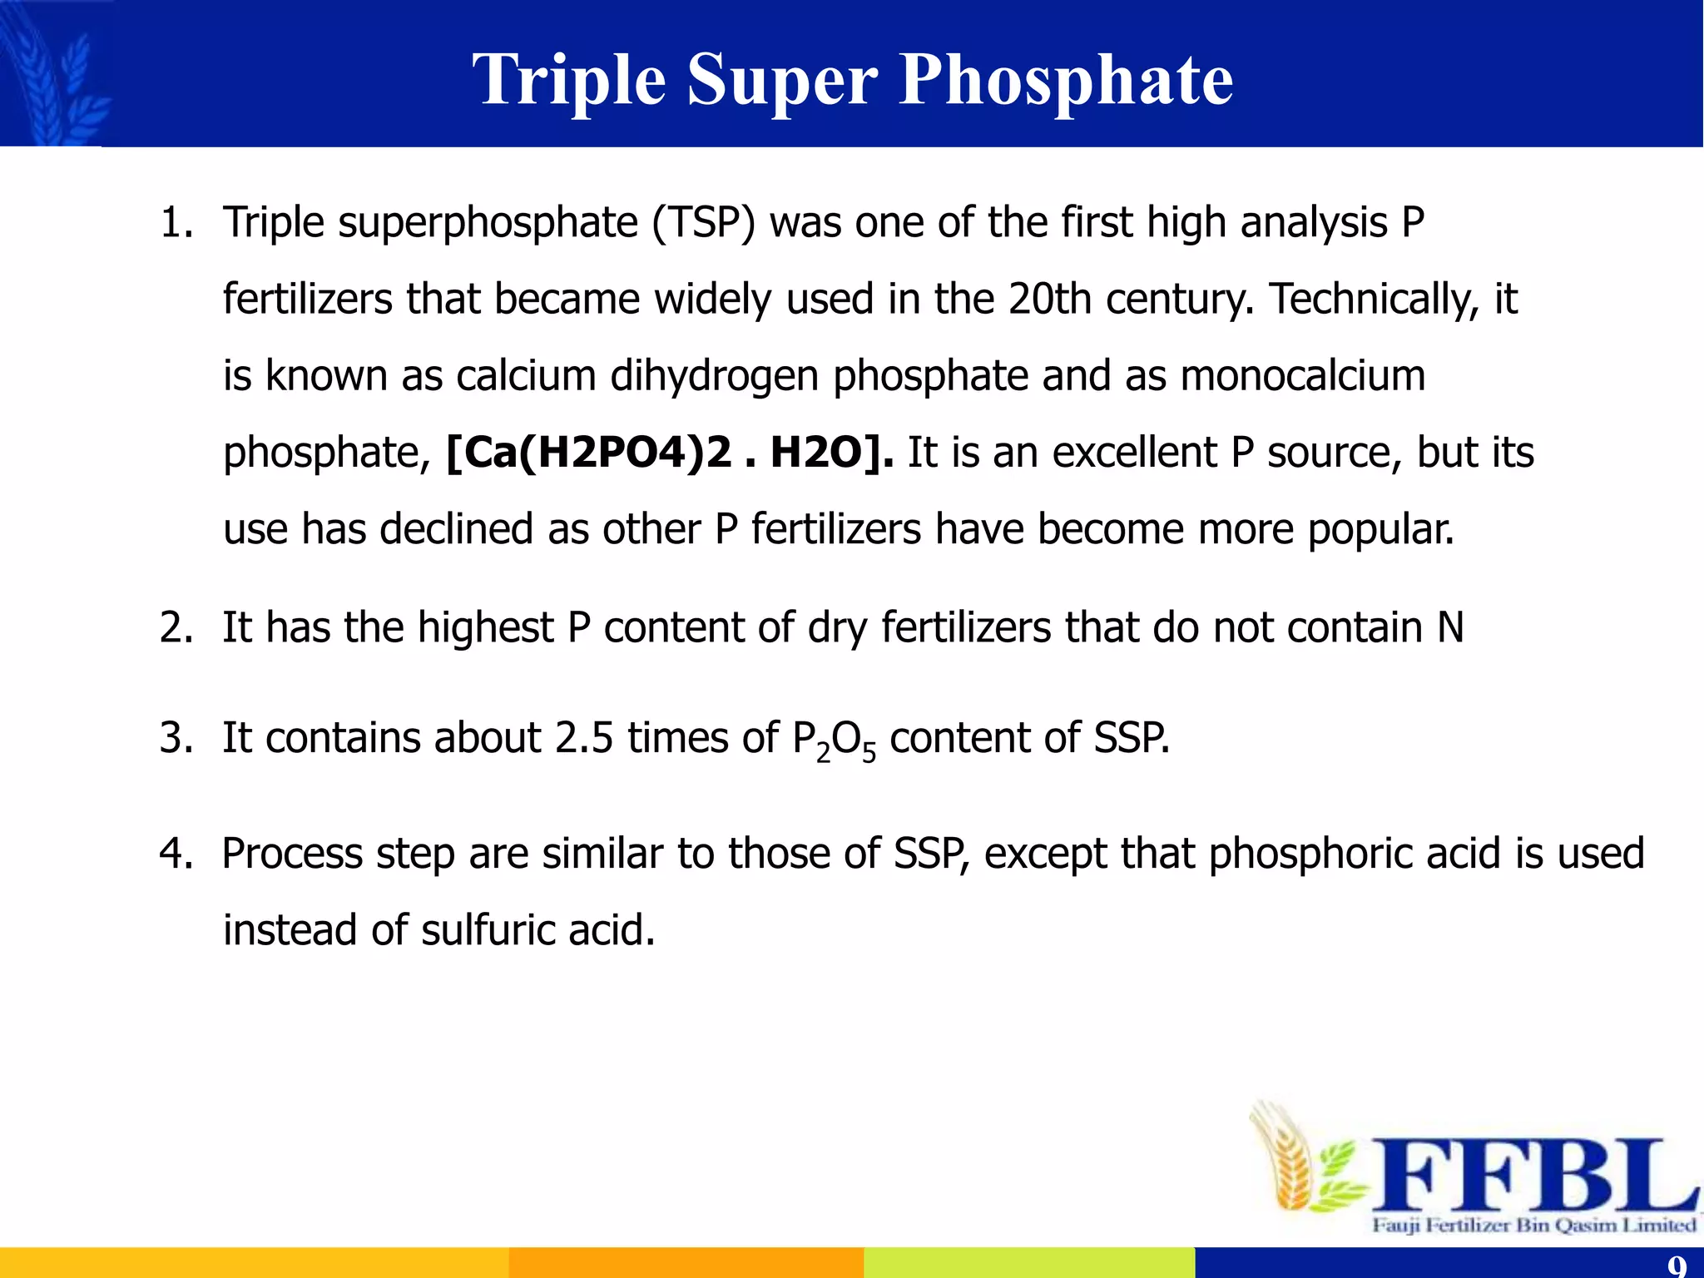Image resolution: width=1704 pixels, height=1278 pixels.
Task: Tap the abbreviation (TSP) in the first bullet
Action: [x=703, y=223]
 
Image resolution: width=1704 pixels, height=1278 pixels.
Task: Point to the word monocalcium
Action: [x=1303, y=375]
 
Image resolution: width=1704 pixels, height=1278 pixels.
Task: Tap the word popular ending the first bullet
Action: [x=1381, y=530]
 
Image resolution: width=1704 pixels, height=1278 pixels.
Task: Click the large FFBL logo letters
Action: [x=1531, y=1175]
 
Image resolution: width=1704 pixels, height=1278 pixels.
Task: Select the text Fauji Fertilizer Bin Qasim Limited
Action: [x=1533, y=1225]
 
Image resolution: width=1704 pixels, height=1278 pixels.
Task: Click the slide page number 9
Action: [x=1677, y=1266]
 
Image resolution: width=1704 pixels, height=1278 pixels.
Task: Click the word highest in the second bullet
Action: [x=485, y=627]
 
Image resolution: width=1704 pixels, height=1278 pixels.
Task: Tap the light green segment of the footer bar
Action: [x=1028, y=1262]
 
